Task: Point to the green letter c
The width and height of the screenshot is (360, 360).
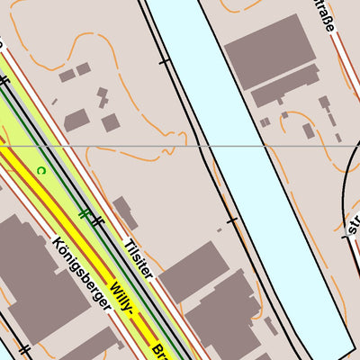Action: tap(41, 169)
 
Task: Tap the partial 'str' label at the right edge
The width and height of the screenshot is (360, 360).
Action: tap(352, 221)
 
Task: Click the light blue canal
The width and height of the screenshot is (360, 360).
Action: tap(261, 180)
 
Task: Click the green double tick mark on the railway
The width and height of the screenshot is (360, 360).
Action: tap(84, 213)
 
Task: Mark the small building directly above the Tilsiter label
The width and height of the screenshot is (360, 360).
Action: tap(124, 212)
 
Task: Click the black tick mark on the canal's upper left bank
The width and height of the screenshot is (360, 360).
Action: tap(164, 62)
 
